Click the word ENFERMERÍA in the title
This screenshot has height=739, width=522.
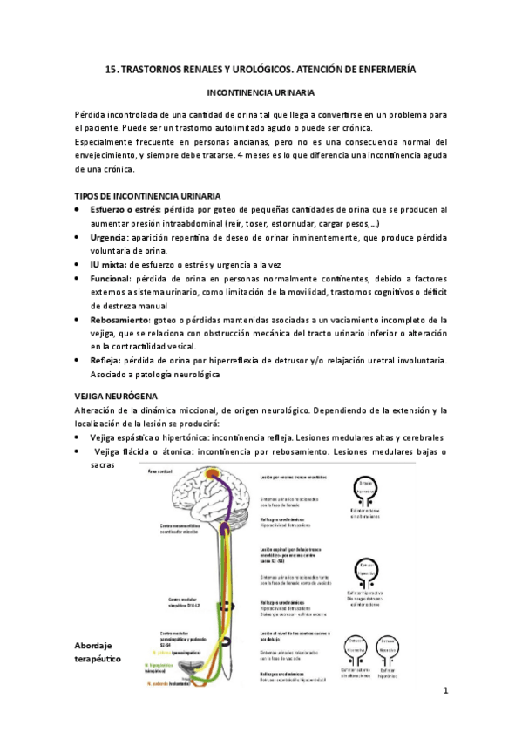point(383,68)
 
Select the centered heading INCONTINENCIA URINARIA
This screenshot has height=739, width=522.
point(260,92)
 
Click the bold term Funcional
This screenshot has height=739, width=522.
point(112,278)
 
